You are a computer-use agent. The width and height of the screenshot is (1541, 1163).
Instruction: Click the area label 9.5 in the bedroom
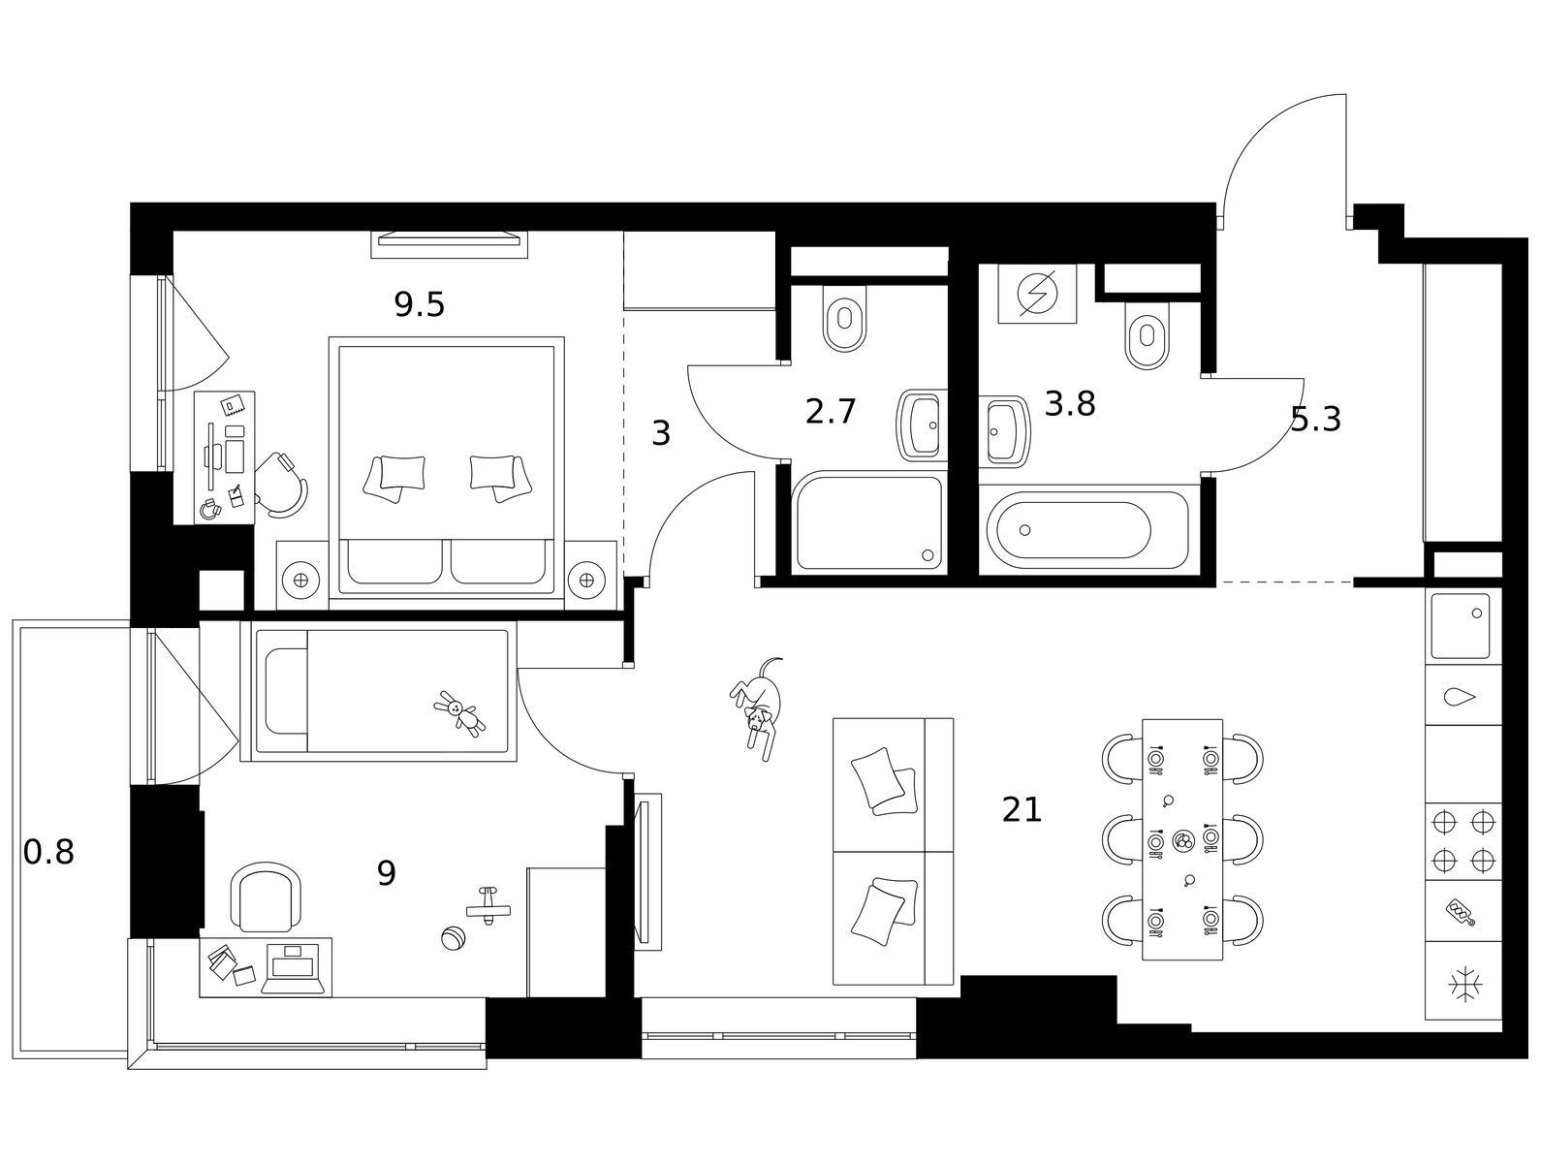pyautogui.click(x=419, y=305)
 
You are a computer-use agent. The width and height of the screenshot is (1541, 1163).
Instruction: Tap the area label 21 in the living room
pyautogui.click(x=1022, y=810)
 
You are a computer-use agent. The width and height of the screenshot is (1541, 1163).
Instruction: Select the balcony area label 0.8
pyautogui.click(x=48, y=853)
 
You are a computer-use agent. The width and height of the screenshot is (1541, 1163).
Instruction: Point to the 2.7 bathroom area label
pyautogui.click(x=831, y=411)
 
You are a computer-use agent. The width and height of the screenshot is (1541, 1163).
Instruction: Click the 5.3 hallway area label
pyautogui.click(x=1315, y=420)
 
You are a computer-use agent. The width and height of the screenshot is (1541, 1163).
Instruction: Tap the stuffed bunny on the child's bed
pyautogui.click(x=460, y=714)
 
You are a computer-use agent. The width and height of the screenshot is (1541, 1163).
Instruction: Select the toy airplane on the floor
pyautogui.click(x=488, y=906)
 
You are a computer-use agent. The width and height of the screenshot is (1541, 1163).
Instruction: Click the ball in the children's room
pyautogui.click(x=453, y=938)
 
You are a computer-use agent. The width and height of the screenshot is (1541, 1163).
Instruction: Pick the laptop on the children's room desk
pyautogui.click(x=293, y=968)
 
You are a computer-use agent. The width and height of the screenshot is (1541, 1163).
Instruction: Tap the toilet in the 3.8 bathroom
pyautogui.click(x=1147, y=334)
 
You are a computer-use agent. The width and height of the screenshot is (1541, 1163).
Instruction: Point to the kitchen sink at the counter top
pyautogui.click(x=1461, y=625)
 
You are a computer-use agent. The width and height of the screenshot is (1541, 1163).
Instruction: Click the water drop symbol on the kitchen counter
pyautogui.click(x=1460, y=697)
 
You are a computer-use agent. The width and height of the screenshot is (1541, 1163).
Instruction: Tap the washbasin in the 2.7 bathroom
pyautogui.click(x=921, y=425)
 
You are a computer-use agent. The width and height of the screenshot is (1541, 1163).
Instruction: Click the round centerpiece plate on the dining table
pyautogui.click(x=1183, y=839)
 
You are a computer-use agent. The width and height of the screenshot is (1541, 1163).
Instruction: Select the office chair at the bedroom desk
pyautogui.click(x=281, y=485)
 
